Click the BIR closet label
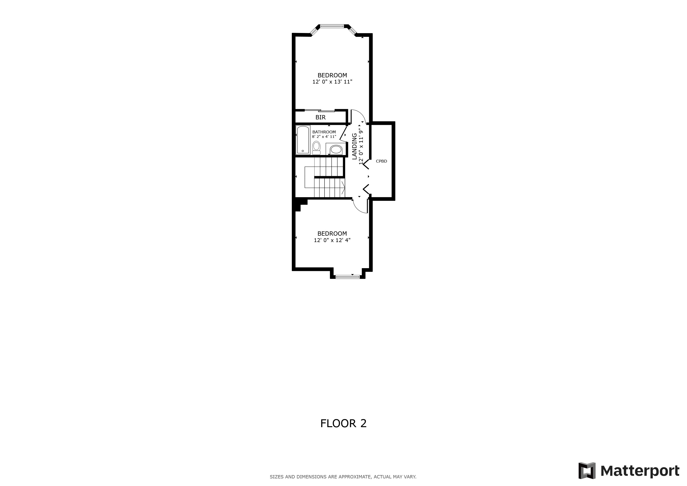coord(320,117)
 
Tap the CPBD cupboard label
coord(381,161)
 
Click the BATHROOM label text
coord(324,132)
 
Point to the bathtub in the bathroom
coord(302,140)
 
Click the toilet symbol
coord(316,148)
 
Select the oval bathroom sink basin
coord(335,149)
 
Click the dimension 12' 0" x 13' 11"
coord(332,82)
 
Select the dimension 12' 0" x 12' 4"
coord(332,240)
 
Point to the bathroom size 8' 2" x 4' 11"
coord(324,137)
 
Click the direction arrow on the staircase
coord(343,188)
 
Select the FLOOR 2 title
coord(343,423)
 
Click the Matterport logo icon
coord(586,470)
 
